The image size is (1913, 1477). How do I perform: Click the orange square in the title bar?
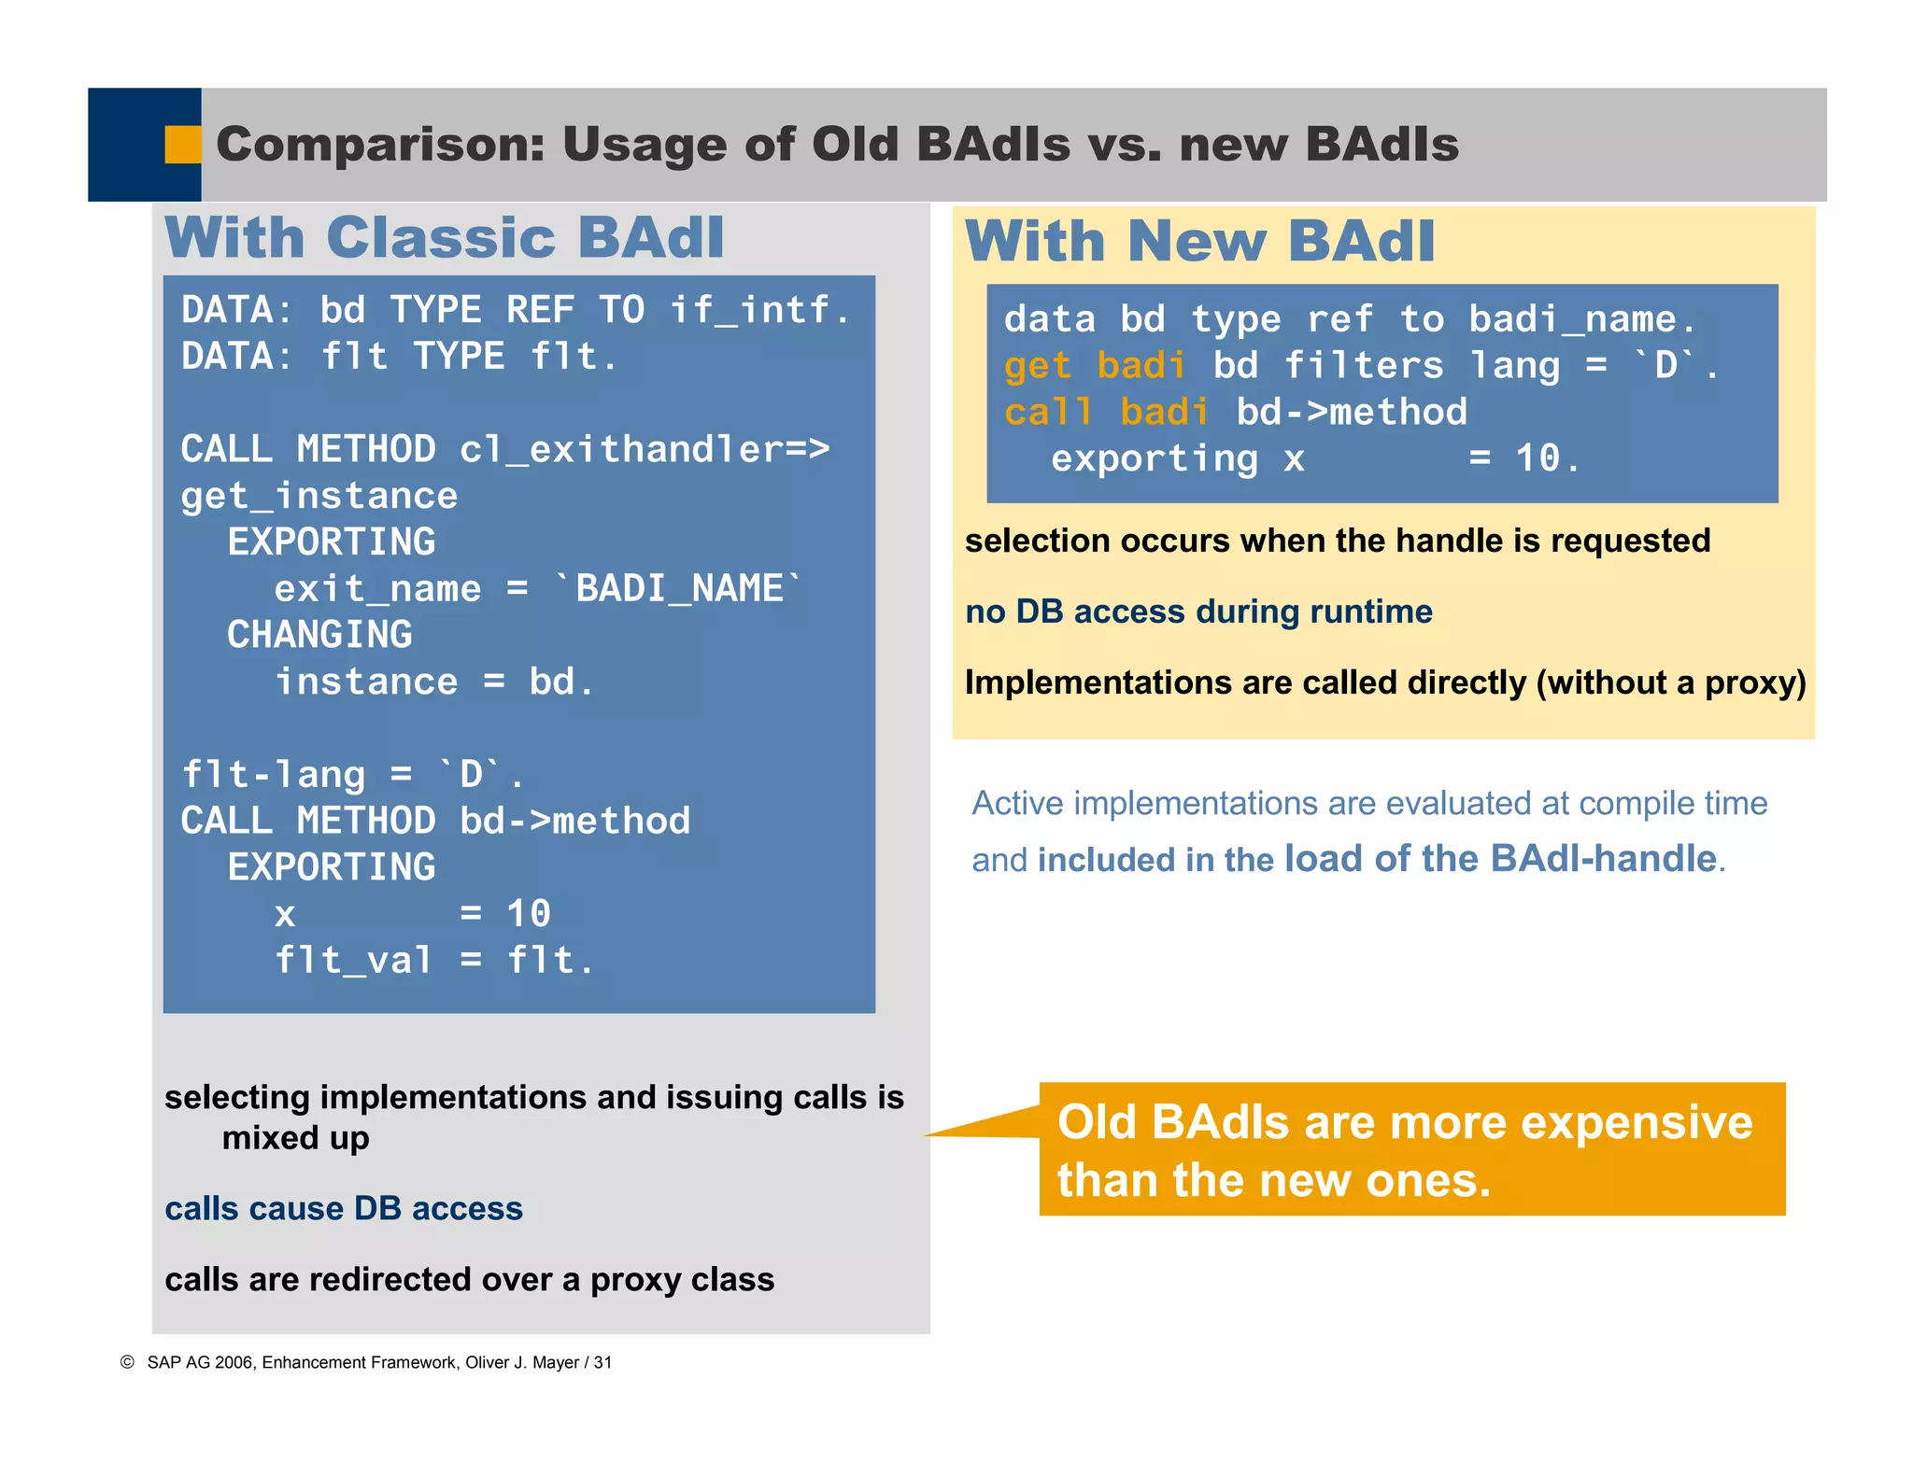[183, 145]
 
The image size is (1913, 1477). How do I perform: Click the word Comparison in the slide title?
[379, 145]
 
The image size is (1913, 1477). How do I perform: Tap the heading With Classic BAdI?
[445, 237]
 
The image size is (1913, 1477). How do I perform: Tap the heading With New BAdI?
[1199, 242]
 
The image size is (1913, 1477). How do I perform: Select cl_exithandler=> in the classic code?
[645, 449]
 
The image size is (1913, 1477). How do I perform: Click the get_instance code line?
[319, 496]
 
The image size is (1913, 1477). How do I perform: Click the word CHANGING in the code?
[319, 635]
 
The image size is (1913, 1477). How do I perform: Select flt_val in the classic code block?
[353, 960]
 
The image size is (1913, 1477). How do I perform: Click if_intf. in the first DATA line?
[758, 310]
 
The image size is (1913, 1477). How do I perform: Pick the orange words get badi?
[1095, 365]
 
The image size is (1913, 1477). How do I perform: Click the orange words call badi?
[1106, 412]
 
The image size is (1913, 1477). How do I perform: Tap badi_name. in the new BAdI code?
[1581, 319]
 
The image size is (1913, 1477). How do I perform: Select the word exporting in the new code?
[1155, 458]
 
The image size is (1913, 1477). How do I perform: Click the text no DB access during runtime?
[1198, 612]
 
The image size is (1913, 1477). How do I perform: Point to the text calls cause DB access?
[344, 1208]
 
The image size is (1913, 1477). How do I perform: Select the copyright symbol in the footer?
[128, 1362]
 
